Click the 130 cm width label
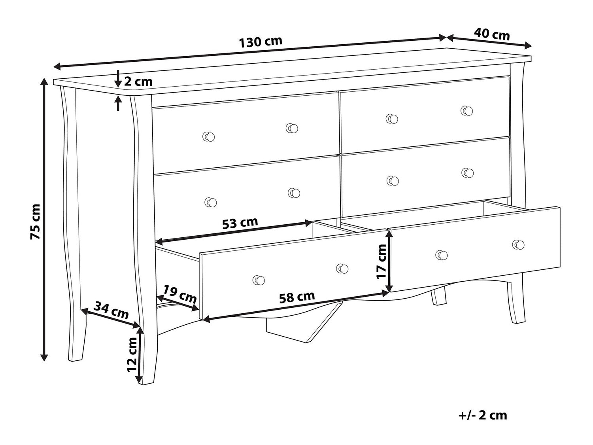[x=261, y=42]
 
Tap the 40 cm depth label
[x=492, y=34]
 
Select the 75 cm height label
[x=35, y=222]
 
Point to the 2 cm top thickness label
[x=138, y=81]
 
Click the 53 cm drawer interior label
[x=240, y=223]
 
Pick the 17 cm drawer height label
[x=381, y=261]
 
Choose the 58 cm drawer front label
[x=297, y=297]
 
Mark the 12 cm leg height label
[x=133, y=354]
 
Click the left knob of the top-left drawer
[x=209, y=137]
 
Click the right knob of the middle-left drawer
[x=294, y=193]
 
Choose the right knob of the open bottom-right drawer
[x=518, y=244]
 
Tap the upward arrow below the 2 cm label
[x=118, y=103]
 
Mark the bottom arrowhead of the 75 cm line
[x=44, y=358]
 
